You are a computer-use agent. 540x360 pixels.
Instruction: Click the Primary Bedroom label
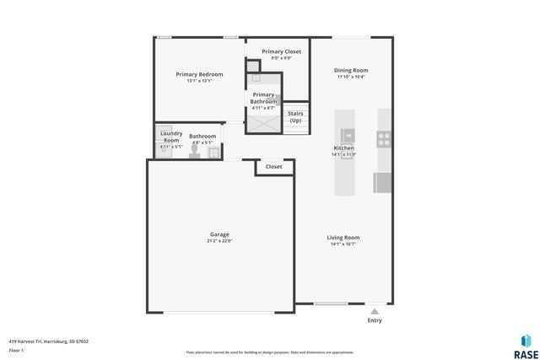click(199, 74)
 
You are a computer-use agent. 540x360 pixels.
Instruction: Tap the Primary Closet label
click(281, 51)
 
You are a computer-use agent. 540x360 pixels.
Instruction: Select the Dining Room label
click(351, 70)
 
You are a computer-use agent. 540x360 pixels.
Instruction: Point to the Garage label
click(219, 234)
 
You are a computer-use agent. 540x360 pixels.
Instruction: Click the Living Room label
click(343, 238)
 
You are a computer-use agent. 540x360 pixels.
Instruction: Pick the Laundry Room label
click(171, 137)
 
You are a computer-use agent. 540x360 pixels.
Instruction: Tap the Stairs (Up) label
click(295, 116)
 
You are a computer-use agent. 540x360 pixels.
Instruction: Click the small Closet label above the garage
click(274, 167)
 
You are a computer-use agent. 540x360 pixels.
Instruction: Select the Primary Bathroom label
click(263, 98)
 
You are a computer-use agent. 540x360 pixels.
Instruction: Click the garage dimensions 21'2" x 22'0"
click(219, 241)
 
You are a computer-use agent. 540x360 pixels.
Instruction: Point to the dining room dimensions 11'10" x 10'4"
click(351, 77)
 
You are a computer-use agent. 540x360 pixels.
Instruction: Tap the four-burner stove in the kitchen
click(384, 137)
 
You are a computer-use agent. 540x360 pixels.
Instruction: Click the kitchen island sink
click(348, 134)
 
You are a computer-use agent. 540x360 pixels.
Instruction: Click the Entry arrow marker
click(375, 311)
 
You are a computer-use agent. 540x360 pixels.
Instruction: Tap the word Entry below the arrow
click(375, 320)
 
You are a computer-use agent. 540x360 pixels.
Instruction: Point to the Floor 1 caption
click(16, 350)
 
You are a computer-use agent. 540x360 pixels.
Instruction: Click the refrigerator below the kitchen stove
click(383, 182)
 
